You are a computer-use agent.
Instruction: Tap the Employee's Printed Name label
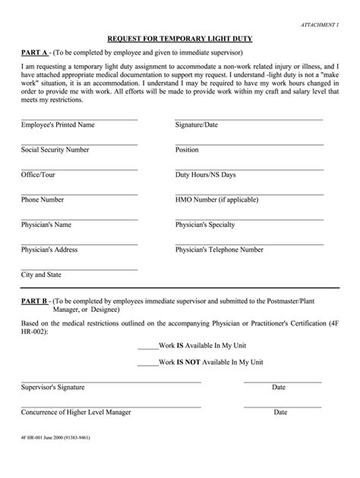pyautogui.click(x=58, y=125)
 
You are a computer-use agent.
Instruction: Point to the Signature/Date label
pyautogui.click(x=197, y=125)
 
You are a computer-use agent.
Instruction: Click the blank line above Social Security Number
pyautogui.click(x=79, y=144)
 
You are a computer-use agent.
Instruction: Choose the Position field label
pyautogui.click(x=187, y=150)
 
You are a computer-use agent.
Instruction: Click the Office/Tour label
pyautogui.click(x=38, y=175)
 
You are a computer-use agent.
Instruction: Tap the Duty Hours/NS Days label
pyautogui.click(x=205, y=175)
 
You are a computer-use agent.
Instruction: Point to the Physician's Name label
pyautogui.click(x=46, y=225)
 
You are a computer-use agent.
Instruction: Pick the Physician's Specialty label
pyautogui.click(x=205, y=225)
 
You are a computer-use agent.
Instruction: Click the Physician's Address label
pyautogui.click(x=49, y=250)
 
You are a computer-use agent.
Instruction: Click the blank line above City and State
pyautogui.click(x=79, y=269)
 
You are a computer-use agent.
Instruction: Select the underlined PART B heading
pyautogui.click(x=34, y=300)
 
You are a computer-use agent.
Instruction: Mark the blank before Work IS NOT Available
pyautogui.click(x=148, y=363)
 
